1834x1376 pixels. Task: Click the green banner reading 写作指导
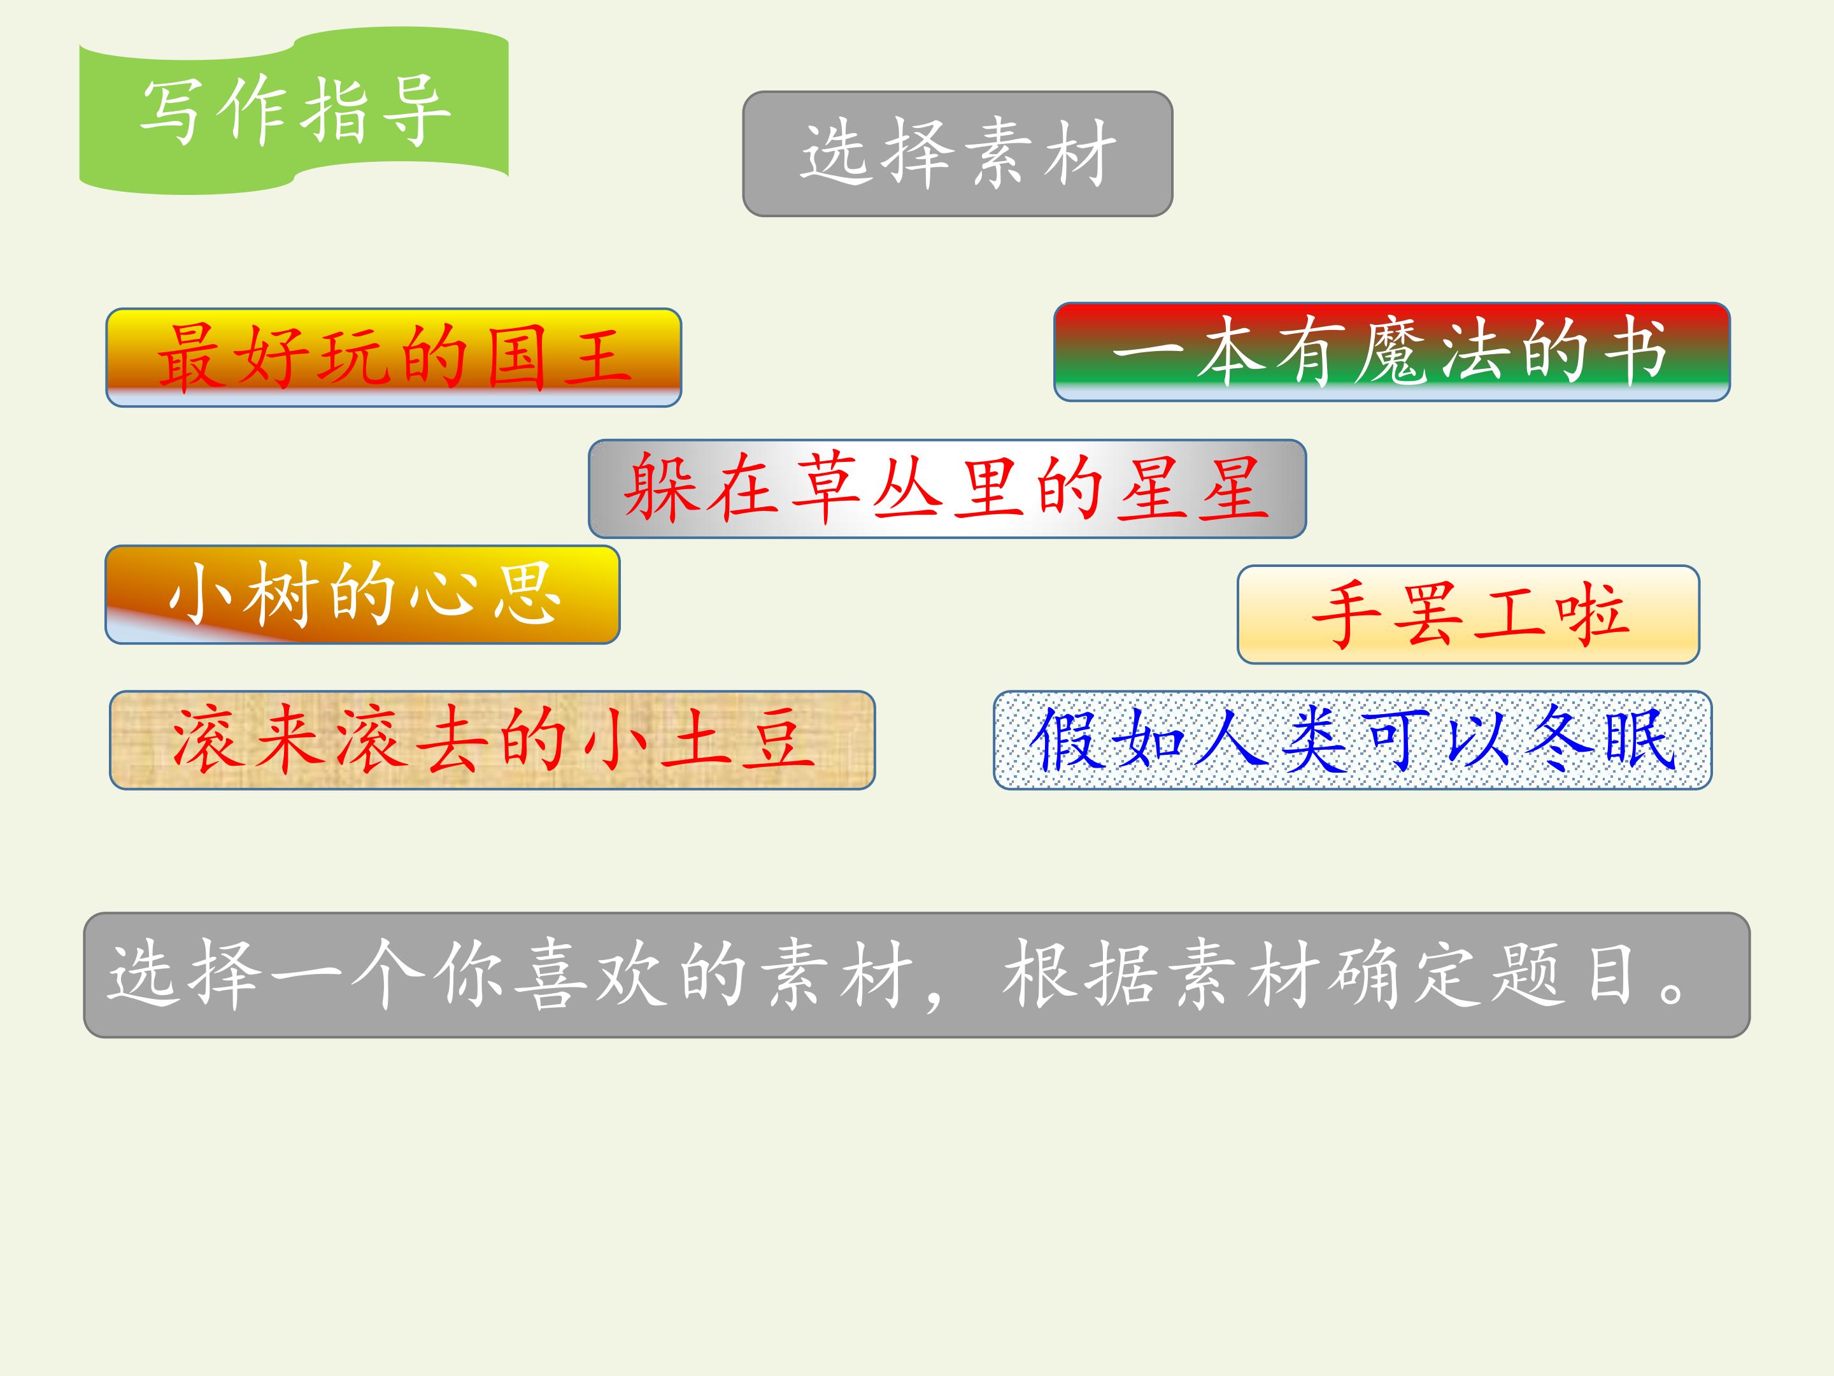(x=294, y=110)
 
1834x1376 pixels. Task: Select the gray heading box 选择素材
(x=958, y=154)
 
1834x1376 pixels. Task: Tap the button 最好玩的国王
(x=394, y=357)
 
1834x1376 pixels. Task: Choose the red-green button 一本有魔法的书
(x=1391, y=352)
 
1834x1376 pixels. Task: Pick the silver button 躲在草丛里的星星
(x=947, y=489)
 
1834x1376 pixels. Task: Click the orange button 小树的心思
(x=362, y=595)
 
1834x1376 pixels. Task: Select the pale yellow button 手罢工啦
(x=1468, y=615)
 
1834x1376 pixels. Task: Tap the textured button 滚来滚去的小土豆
(x=492, y=740)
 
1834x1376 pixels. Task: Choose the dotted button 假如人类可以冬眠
(x=1353, y=740)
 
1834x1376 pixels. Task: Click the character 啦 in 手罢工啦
(x=1589, y=615)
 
